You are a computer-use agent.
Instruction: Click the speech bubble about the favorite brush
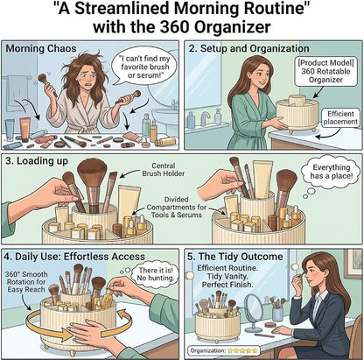[144, 66]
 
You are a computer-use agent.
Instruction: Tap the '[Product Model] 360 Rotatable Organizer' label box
[325, 71]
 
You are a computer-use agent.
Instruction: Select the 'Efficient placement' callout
[340, 117]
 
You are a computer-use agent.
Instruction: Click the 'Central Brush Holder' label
[164, 170]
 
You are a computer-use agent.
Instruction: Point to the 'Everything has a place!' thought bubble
[331, 172]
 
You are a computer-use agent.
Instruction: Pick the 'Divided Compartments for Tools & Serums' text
[176, 208]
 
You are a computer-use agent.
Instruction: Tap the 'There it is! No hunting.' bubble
[156, 274]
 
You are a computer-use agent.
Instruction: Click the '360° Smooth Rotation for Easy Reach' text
[26, 282]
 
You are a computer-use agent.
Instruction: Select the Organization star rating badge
[223, 350]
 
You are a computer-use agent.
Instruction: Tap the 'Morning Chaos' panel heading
[41, 48]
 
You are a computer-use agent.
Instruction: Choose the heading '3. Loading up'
[37, 161]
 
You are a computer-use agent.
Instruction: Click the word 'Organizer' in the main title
[233, 27]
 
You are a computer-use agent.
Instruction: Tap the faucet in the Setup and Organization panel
[205, 117]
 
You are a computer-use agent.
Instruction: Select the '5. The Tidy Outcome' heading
[235, 257]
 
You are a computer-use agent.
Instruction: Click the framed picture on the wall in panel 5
[353, 265]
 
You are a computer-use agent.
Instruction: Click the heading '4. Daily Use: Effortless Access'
[74, 257]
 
